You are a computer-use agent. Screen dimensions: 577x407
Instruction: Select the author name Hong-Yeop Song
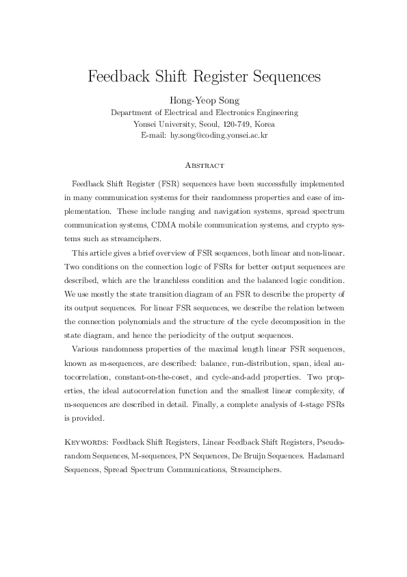[x=203, y=101]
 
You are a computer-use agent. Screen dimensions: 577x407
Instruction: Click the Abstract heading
[x=203, y=165]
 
